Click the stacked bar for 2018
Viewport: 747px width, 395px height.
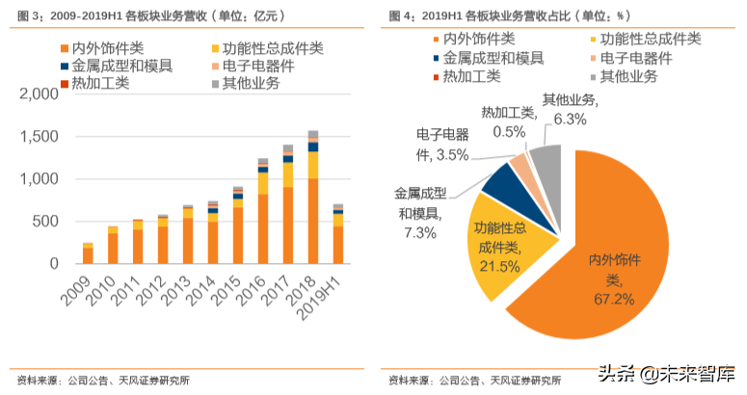312,197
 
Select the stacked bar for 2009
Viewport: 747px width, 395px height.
88,253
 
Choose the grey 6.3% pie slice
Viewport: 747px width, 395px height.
547,161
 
